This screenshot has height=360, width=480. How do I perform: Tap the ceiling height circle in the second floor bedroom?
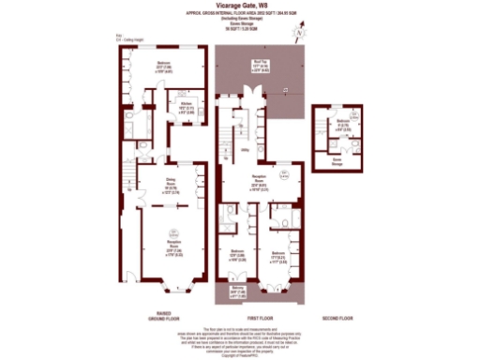click(x=348, y=112)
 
